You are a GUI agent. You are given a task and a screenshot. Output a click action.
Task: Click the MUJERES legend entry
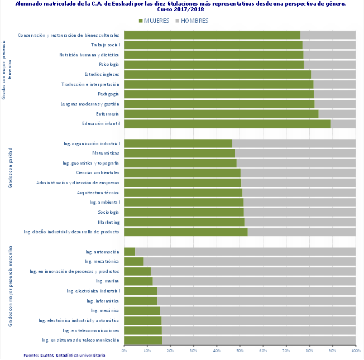[x=157, y=21]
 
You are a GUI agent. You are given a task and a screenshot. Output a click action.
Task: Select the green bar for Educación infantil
[x=227, y=123]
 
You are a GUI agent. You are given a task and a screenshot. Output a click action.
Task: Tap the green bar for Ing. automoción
[x=130, y=252]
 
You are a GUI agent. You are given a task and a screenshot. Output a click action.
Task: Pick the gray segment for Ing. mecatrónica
[x=249, y=261]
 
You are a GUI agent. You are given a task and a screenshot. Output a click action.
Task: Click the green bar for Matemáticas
[x=179, y=153]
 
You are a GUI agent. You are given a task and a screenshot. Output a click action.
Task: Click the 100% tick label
[x=355, y=351]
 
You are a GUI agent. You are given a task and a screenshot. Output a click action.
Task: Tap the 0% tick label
[x=124, y=351]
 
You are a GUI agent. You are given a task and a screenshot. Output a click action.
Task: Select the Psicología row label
[x=109, y=65]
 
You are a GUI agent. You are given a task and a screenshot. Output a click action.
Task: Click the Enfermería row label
[x=108, y=114]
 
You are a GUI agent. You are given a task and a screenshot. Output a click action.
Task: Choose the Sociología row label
[x=108, y=212]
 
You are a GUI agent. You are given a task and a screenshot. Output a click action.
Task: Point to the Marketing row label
[x=109, y=222]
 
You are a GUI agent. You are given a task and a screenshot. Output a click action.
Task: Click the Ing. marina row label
[x=108, y=281]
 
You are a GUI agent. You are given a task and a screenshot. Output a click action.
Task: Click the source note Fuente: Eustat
[x=64, y=356]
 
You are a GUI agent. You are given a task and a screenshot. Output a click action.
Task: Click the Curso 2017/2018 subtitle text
[x=181, y=9]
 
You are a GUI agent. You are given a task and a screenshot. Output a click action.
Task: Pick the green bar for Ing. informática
[x=140, y=301]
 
